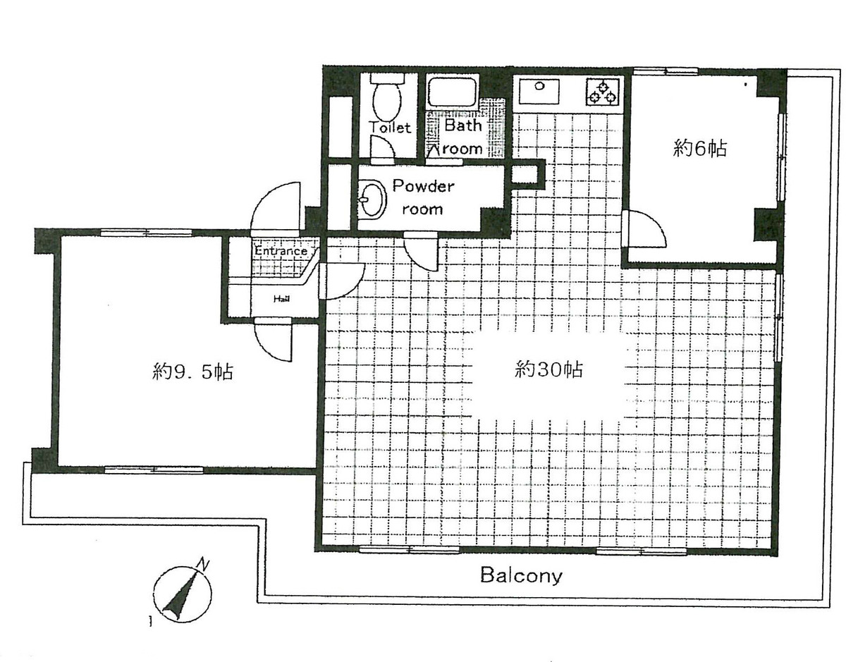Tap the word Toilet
pos(389,128)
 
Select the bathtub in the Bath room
pos(453,93)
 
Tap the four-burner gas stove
pos(601,92)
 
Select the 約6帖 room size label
pos(699,149)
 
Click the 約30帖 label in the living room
pos(548,369)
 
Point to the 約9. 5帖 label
pos(193,370)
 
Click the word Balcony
pos(521,576)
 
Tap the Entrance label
pos(281,251)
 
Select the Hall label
pos(281,299)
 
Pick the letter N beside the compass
pos(203,564)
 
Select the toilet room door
pos(384,147)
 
